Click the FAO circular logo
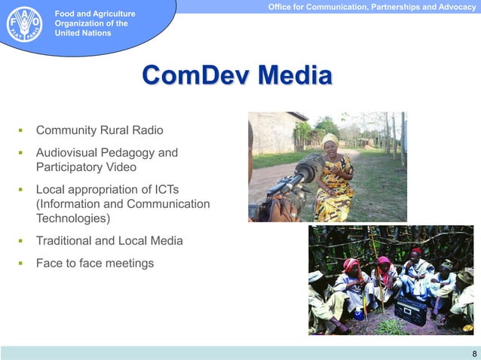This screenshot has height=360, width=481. (25, 23)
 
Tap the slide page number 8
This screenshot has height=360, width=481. (473, 353)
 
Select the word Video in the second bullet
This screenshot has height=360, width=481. (121, 166)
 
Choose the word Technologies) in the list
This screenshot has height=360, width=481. (72, 218)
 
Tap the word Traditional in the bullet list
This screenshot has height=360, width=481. (66, 241)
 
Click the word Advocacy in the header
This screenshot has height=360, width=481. (451, 7)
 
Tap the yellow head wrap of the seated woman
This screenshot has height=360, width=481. (330, 140)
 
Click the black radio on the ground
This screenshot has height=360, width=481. (410, 310)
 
